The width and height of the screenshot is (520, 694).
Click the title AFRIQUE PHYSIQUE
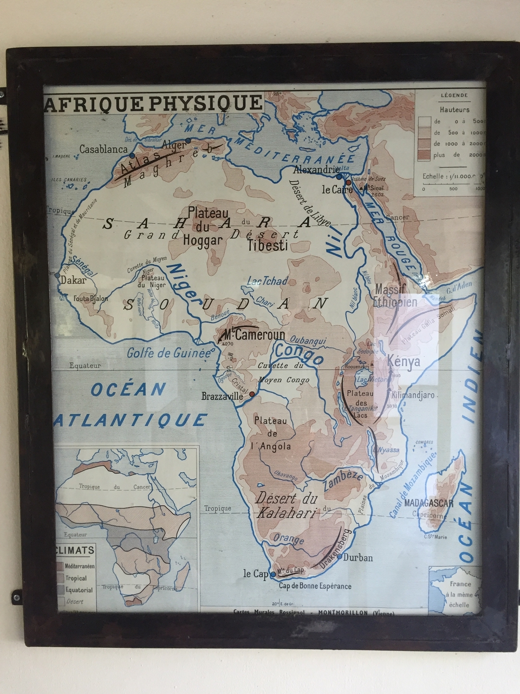[x=154, y=103]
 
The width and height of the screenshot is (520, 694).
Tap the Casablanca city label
[x=103, y=149]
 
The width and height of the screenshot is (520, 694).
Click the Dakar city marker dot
[x=58, y=275]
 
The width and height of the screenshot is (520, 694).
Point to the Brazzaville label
[x=222, y=396]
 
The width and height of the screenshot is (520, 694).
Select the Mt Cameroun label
[x=253, y=335]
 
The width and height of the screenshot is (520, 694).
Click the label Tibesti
[x=268, y=246]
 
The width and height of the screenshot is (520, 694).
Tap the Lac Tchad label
[x=267, y=281]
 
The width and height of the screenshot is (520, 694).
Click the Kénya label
[x=404, y=362]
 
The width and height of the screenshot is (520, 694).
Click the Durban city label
[x=358, y=557]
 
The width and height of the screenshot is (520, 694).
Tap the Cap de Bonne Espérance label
[x=315, y=586]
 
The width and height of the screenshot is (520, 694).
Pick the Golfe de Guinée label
[x=168, y=354]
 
